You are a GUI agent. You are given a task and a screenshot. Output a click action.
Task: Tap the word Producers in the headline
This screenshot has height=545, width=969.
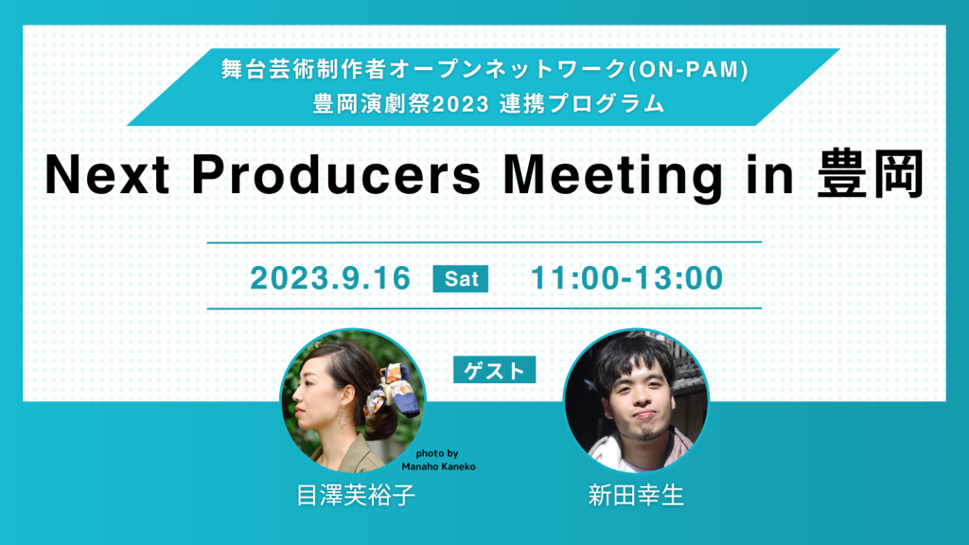(336, 175)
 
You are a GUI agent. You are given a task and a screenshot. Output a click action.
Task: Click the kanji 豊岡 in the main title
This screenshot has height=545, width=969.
(871, 174)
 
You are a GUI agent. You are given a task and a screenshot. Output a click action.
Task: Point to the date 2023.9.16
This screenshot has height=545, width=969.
(330, 278)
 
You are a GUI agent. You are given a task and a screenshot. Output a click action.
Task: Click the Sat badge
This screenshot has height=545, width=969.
(461, 279)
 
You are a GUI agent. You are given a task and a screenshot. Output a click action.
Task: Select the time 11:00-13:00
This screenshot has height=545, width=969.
(626, 278)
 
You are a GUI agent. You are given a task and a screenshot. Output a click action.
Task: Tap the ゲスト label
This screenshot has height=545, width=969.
(494, 370)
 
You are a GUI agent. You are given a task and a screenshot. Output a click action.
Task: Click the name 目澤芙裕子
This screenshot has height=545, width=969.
(356, 496)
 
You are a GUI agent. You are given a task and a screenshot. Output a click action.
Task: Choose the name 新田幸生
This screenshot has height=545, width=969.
(637, 496)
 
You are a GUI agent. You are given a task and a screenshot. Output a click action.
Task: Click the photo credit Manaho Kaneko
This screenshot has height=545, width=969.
(439, 466)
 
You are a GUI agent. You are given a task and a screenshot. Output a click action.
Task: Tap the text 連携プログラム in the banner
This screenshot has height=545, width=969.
(582, 103)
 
